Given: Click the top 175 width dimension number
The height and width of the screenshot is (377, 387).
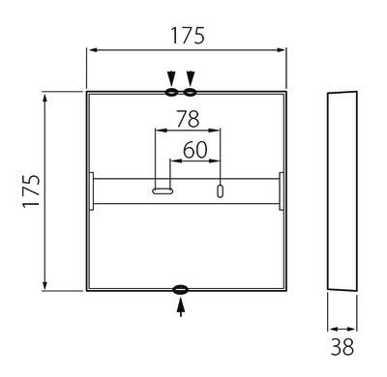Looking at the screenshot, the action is [188, 36].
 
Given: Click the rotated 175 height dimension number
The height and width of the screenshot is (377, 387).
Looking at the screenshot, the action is [31, 191].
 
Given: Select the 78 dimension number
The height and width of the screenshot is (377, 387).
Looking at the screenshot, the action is [188, 119].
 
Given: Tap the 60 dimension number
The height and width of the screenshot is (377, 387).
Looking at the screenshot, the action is [195, 150].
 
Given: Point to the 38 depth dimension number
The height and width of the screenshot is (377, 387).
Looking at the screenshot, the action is [342, 347].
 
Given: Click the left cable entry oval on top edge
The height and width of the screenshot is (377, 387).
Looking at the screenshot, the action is [171, 93].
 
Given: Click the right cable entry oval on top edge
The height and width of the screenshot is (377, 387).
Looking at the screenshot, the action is [190, 93].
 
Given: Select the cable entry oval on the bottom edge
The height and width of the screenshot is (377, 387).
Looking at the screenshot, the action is [180, 289].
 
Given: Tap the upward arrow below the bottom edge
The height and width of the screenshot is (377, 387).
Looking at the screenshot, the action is [181, 307].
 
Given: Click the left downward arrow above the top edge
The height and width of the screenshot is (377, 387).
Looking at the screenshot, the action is [171, 78].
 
